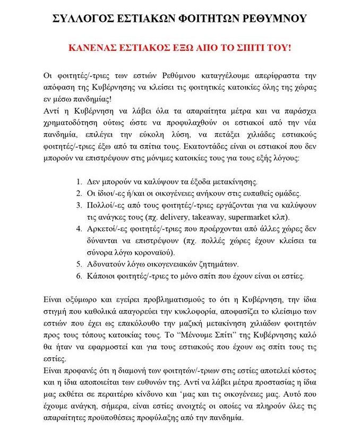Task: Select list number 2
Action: click(x=79, y=193)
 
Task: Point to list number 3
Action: click(x=79, y=205)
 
